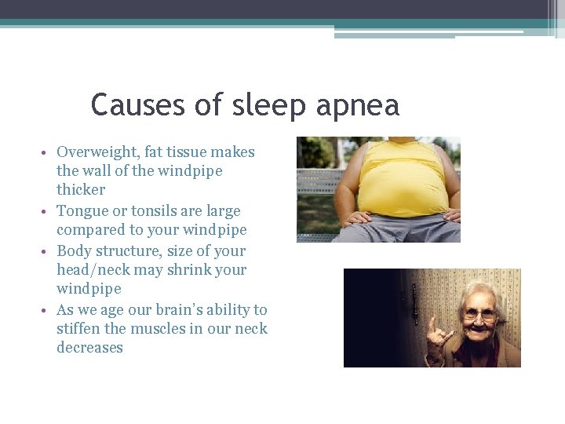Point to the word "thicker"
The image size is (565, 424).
coord(81,190)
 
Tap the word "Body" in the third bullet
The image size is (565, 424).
coord(74,251)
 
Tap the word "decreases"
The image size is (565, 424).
coord(89,348)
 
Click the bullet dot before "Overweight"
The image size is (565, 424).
coord(48,152)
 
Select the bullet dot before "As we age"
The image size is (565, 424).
coord(48,311)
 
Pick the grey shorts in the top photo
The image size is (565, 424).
coord(392,230)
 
